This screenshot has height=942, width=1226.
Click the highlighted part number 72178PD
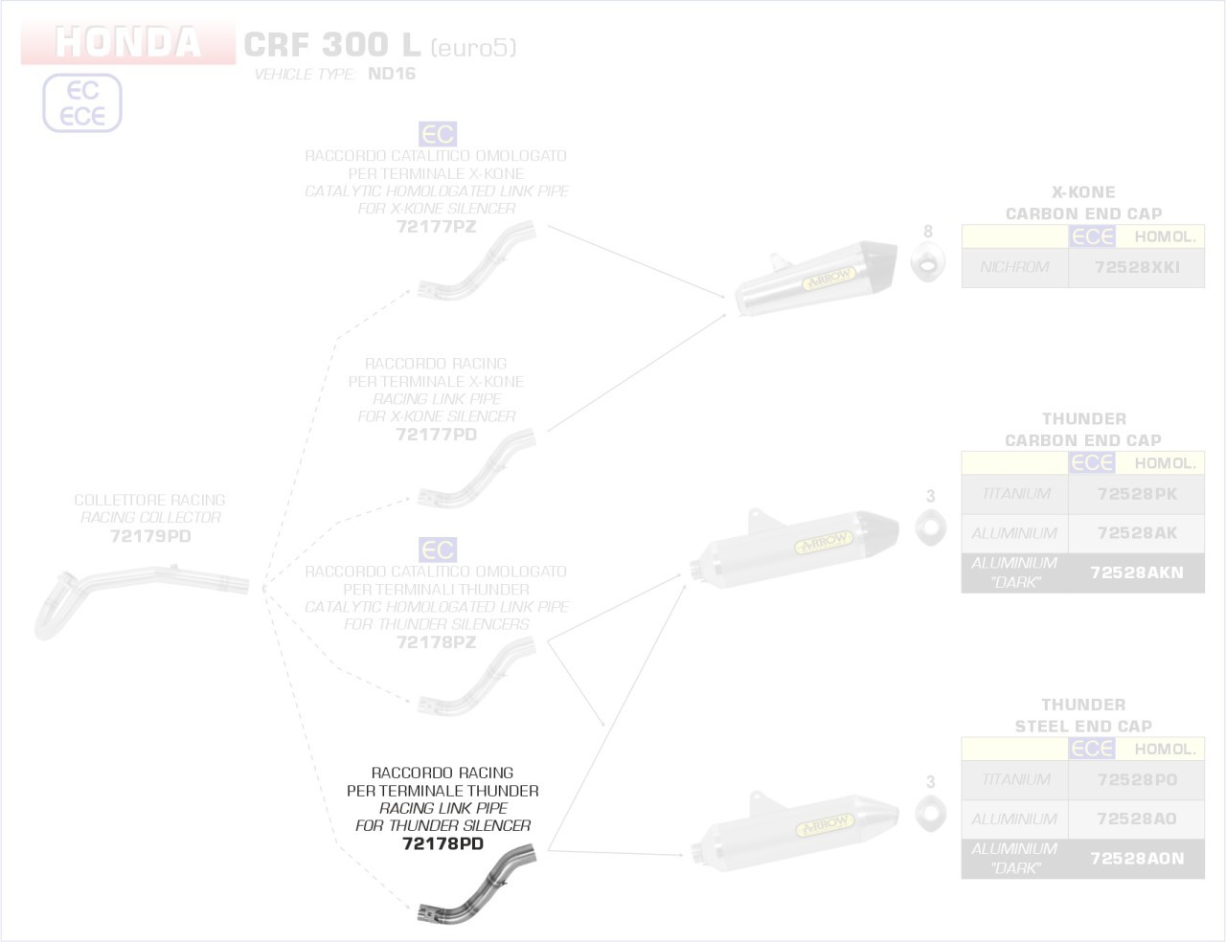443,843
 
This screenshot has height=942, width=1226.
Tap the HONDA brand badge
127,43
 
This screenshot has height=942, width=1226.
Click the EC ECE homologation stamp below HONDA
82,103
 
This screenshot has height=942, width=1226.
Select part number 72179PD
150,536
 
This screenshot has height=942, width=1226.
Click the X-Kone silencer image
815,279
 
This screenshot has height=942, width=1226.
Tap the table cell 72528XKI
1136,267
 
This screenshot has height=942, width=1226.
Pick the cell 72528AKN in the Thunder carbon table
1136,572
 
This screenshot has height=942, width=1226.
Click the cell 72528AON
1136,859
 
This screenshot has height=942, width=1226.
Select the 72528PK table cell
1136,494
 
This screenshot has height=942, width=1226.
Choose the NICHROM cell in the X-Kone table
1014,267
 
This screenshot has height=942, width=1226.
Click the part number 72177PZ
436,227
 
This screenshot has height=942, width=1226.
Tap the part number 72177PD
436,435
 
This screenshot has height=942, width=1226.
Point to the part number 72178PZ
436,642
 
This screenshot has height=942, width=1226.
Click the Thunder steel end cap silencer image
794,826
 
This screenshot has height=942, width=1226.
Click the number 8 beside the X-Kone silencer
927,232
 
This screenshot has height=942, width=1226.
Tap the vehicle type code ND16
392,74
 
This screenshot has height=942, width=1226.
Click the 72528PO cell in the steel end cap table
1136,780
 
